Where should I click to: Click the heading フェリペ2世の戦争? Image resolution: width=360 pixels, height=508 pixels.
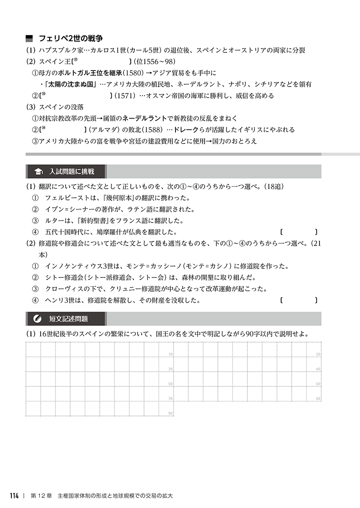(70, 38)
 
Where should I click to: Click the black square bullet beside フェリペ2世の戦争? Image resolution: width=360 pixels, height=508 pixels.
(30, 38)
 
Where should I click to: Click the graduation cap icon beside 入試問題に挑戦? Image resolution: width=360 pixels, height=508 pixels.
(38, 172)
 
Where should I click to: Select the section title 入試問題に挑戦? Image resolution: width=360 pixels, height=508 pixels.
(72, 172)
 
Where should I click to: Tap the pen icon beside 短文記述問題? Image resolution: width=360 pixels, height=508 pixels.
(38, 318)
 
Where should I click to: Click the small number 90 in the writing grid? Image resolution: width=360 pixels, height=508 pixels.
(170, 413)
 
